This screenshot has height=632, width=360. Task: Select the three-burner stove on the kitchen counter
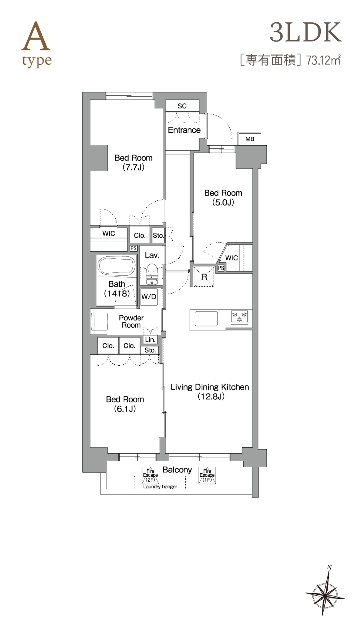click(x=240, y=316)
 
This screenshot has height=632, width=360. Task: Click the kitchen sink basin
click(x=206, y=319)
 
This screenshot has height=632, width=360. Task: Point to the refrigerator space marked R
click(x=204, y=276)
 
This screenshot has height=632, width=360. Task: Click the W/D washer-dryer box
click(x=149, y=297)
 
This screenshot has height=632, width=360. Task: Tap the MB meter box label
click(x=250, y=139)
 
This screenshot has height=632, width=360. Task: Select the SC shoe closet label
click(x=182, y=106)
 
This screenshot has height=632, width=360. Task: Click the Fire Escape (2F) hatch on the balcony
click(x=150, y=476)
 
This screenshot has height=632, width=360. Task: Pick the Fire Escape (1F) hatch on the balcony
click(x=207, y=476)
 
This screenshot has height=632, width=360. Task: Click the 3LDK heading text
click(x=306, y=32)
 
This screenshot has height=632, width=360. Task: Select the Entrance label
click(x=184, y=130)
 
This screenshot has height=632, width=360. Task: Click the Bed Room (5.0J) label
click(x=223, y=198)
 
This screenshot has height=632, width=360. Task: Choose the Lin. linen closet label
click(x=150, y=340)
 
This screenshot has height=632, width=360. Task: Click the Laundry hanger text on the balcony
click(x=160, y=486)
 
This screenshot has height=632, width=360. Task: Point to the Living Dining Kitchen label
click(x=210, y=392)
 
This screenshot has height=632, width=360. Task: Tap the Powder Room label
click(x=131, y=322)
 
